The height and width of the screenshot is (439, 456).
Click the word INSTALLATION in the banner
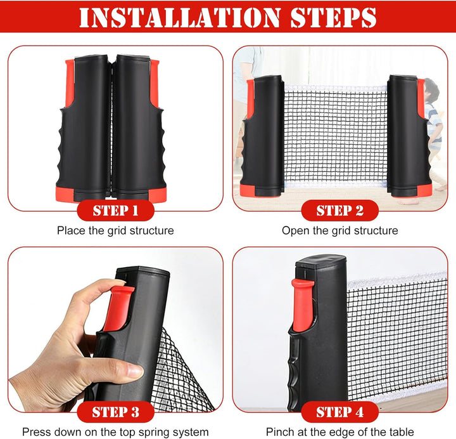click(x=180, y=18)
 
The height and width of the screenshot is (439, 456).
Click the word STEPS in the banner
click(x=334, y=18)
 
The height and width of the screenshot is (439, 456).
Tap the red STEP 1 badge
click(x=115, y=211)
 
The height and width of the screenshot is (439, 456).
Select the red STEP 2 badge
click(x=339, y=211)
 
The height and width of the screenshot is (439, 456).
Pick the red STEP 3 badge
click(x=115, y=412)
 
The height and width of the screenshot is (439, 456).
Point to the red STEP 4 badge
click(x=339, y=412)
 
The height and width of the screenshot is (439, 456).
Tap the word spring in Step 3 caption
click(x=154, y=432)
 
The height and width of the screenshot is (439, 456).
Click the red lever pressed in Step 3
click(x=118, y=308)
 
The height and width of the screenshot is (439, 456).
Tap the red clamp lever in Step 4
click(x=303, y=305)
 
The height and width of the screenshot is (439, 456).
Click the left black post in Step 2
click(x=263, y=136)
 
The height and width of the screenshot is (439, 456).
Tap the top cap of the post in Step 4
click(x=320, y=260)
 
